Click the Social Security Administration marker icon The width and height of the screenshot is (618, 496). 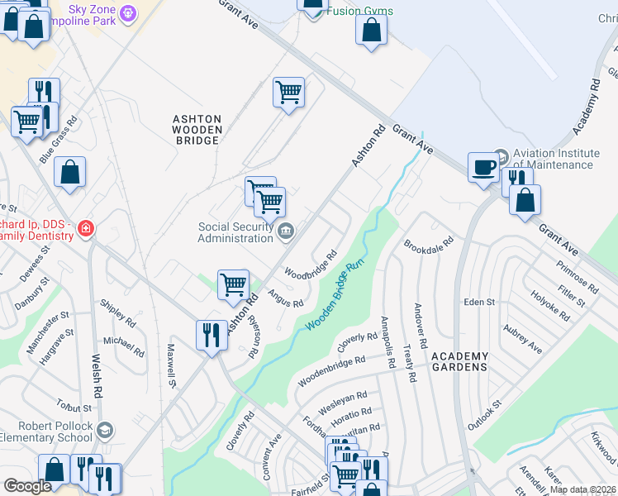(x=286, y=231)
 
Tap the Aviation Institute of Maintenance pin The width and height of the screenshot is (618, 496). (x=502, y=155)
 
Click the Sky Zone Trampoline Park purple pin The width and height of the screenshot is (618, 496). (x=127, y=12)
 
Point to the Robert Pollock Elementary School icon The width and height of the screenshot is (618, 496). (x=104, y=430)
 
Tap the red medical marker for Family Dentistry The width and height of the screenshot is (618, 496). (x=84, y=229)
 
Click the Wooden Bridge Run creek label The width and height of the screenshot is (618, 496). (x=335, y=296)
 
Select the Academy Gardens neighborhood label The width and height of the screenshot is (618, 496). (x=459, y=361)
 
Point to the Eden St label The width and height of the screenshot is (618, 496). (x=478, y=303)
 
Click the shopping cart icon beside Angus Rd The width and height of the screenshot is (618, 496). (x=234, y=284)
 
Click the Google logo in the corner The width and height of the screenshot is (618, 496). (x=27, y=486)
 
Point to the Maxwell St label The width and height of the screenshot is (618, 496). (x=173, y=365)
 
